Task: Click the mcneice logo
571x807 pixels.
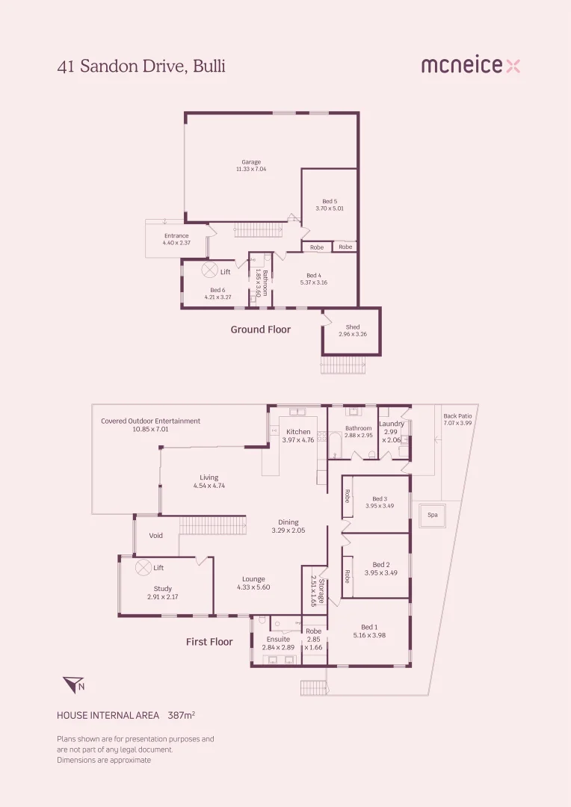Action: point(470,66)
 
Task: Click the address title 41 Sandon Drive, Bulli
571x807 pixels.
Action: point(141,66)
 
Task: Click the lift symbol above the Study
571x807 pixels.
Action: point(142,568)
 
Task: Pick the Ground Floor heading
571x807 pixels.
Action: point(260,330)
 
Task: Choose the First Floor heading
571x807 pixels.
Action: point(209,642)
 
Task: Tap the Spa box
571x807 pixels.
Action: point(432,515)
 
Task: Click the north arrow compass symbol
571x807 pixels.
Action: point(73,684)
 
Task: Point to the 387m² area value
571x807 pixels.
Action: point(182,715)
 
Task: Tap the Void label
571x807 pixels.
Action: point(156,536)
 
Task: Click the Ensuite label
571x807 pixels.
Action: point(278,639)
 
